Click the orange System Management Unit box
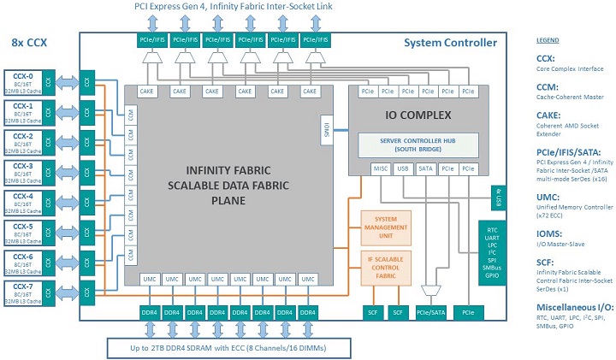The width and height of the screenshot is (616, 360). pyautogui.click(x=385, y=226)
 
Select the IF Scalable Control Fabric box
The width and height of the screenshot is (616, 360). pyautogui.click(x=385, y=265)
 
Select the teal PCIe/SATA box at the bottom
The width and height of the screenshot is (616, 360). pyautogui.click(x=429, y=314)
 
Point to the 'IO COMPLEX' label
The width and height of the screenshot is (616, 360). pyautogui.click(x=417, y=111)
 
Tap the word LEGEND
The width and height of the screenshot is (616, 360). pyautogui.click(x=548, y=40)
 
